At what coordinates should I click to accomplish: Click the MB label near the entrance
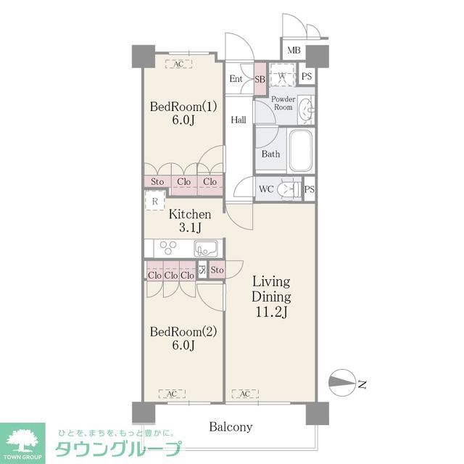click(x=293, y=50)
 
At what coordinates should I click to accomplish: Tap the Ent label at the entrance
click(x=236, y=79)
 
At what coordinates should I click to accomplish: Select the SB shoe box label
click(x=260, y=79)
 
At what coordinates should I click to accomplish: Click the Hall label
click(x=239, y=120)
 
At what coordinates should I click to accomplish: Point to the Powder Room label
click(x=283, y=103)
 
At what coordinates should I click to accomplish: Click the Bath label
click(x=270, y=154)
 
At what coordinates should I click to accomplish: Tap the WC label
click(x=266, y=188)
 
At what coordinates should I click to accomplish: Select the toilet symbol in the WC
click(x=290, y=188)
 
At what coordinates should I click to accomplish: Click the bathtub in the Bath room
click(x=299, y=150)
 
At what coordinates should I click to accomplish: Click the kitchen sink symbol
click(x=205, y=248)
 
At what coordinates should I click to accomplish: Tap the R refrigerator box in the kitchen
click(x=155, y=202)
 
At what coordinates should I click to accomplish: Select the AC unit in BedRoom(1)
click(x=178, y=64)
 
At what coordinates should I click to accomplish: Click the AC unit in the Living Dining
click(x=245, y=394)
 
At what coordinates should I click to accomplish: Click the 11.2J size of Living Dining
click(x=271, y=313)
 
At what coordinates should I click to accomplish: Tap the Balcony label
click(x=231, y=427)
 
